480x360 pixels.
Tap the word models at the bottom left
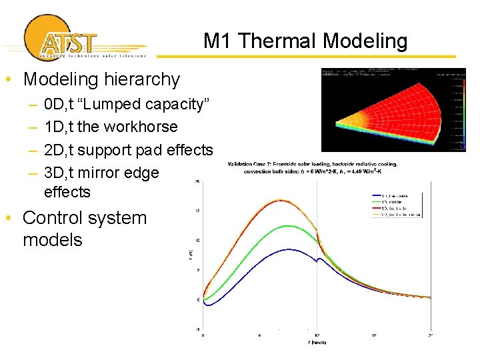[52, 240]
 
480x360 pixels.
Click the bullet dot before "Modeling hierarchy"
[7, 80]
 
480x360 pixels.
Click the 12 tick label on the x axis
[317, 335]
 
